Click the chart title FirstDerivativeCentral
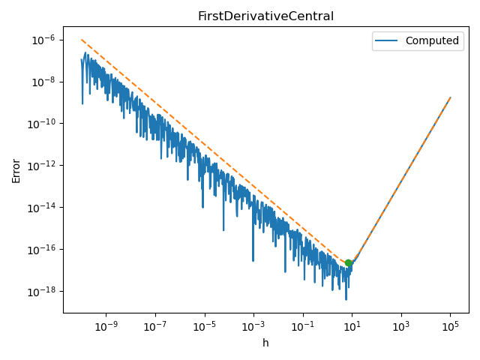(265, 16)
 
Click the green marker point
(349, 263)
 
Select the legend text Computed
(432, 41)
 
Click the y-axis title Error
(16, 170)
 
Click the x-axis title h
(265, 343)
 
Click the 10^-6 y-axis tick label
(43, 40)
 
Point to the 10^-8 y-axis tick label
(43, 82)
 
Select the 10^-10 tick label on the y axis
(42, 124)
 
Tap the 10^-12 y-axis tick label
(42, 166)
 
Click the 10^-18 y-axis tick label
(42, 292)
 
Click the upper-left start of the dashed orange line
(82, 40)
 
